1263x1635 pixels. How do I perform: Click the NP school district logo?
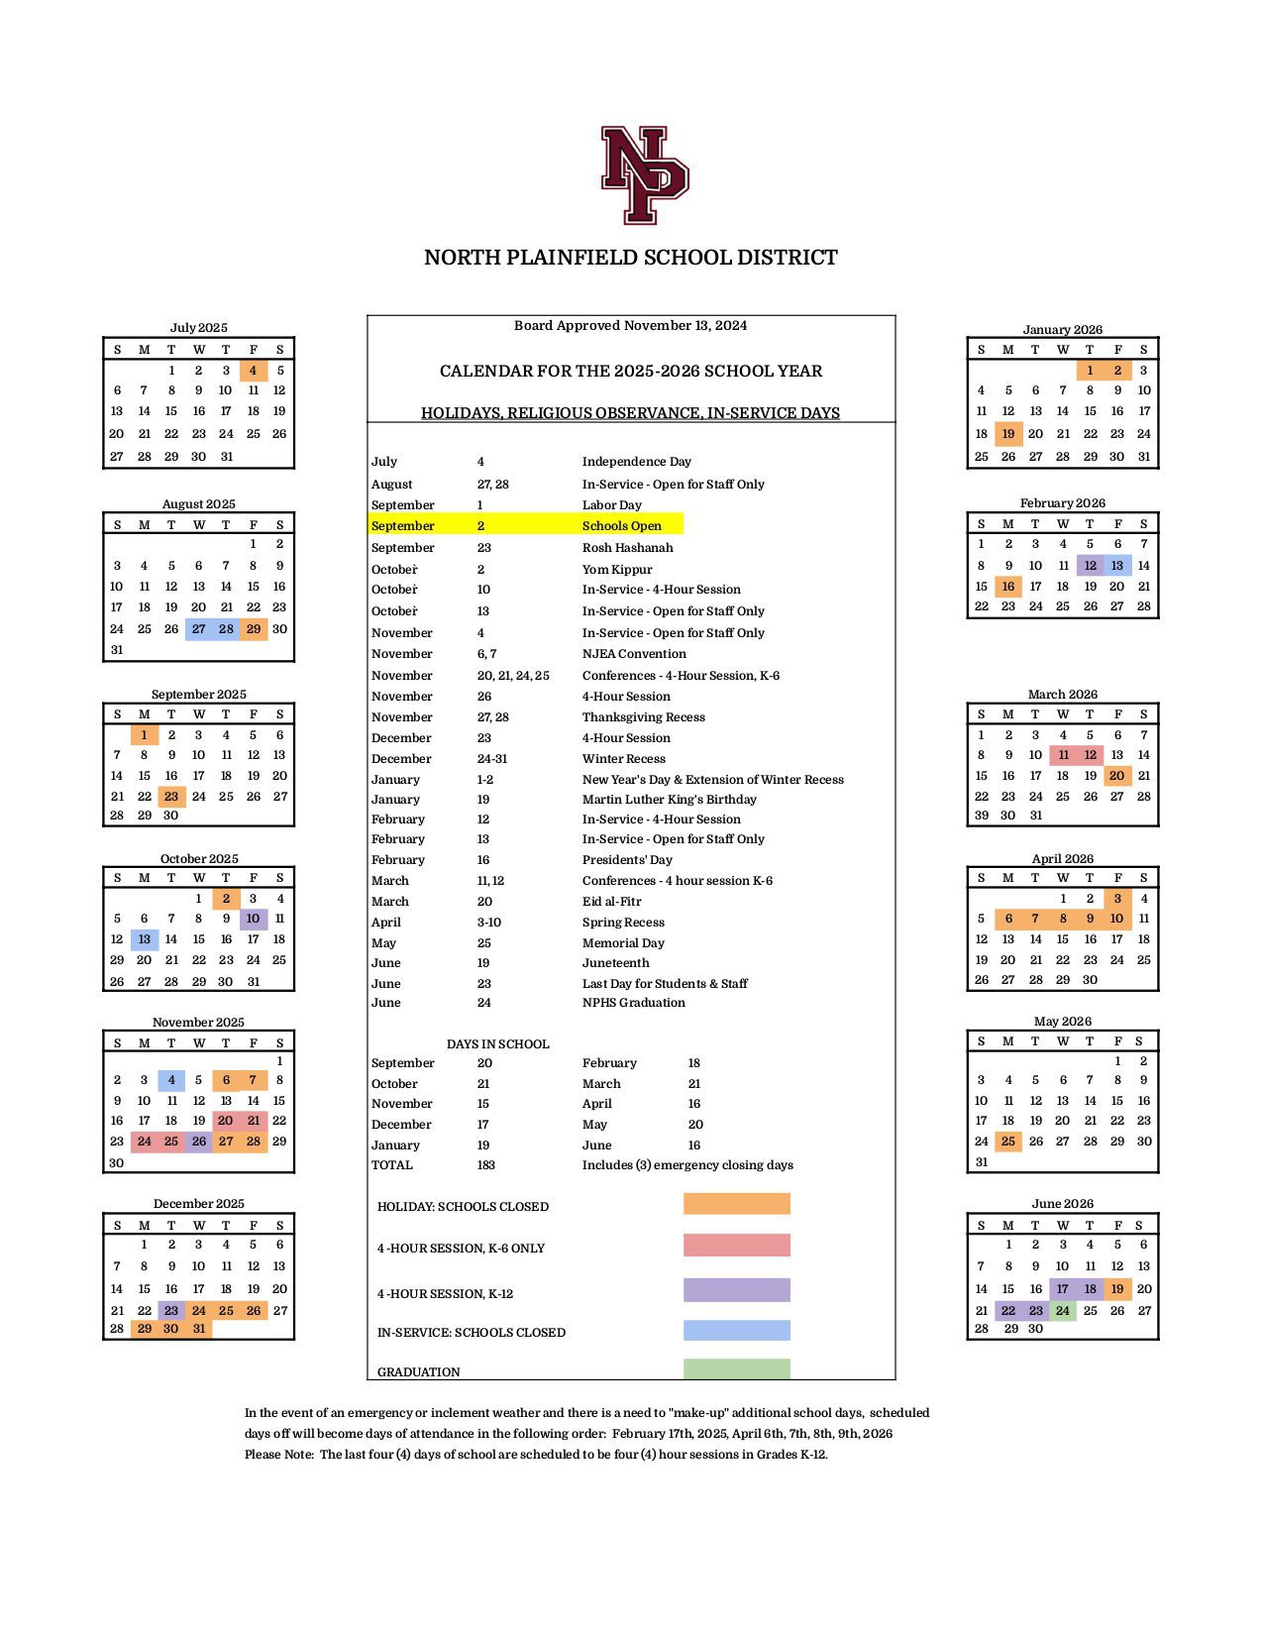click(x=644, y=174)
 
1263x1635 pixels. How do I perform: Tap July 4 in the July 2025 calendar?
click(x=254, y=371)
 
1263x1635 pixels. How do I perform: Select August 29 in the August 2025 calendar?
click(x=254, y=629)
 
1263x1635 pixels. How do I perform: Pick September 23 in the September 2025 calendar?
click(x=171, y=797)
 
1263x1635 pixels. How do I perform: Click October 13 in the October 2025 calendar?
click(x=145, y=939)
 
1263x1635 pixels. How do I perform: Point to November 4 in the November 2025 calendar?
click(x=171, y=1080)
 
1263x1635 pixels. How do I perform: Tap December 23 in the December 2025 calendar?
click(x=171, y=1310)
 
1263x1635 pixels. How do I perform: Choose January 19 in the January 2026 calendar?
click(x=1008, y=433)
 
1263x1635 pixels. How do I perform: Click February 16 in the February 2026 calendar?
click(x=1008, y=587)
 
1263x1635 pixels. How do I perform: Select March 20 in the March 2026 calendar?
click(x=1116, y=776)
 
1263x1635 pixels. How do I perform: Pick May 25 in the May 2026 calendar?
click(x=1008, y=1142)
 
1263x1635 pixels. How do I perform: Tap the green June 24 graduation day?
click(x=1063, y=1310)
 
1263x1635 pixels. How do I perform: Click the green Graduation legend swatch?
click(x=736, y=1369)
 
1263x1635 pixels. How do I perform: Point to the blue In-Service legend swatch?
click(x=736, y=1331)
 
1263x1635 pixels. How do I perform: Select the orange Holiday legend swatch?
click(x=736, y=1204)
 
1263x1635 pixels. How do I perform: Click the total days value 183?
click(x=485, y=1165)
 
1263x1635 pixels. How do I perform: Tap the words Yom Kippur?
click(x=617, y=570)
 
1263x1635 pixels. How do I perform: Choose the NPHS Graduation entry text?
click(x=633, y=1003)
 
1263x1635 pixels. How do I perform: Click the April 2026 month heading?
click(x=1062, y=859)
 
